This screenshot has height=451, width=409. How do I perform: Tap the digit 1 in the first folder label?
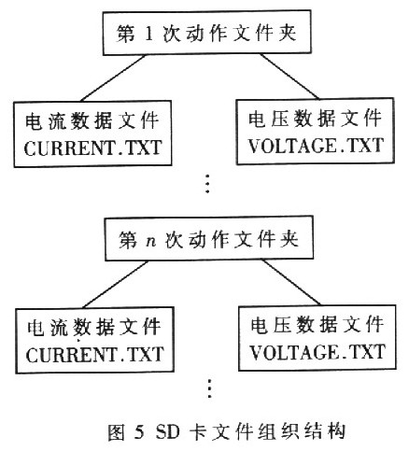click(148, 34)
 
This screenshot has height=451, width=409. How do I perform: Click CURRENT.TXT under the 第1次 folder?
click(93, 148)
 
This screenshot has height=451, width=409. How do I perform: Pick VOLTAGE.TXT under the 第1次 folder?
click(316, 146)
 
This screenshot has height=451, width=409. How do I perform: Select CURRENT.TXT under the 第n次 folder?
click(95, 355)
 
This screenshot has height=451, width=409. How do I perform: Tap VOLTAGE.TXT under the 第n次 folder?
click(318, 352)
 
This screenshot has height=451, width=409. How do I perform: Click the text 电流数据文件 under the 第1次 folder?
click(92, 120)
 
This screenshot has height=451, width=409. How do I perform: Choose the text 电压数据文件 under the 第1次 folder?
click(315, 119)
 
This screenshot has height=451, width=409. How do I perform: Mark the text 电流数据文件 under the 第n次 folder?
click(94, 328)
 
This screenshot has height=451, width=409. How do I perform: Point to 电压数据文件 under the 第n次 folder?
click(317, 325)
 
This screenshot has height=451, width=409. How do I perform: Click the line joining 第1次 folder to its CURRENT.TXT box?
click(113, 78)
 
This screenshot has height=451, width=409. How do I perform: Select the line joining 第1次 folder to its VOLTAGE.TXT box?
click(289, 77)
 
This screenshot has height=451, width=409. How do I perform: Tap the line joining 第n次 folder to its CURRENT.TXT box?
click(116, 284)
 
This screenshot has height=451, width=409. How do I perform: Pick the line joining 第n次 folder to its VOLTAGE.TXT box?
click(291, 283)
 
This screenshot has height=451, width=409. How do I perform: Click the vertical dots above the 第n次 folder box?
click(207, 184)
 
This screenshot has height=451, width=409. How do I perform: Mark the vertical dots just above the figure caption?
click(209, 388)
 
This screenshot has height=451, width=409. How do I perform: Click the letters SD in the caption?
click(168, 432)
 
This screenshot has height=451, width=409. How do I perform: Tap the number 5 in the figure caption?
click(139, 432)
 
